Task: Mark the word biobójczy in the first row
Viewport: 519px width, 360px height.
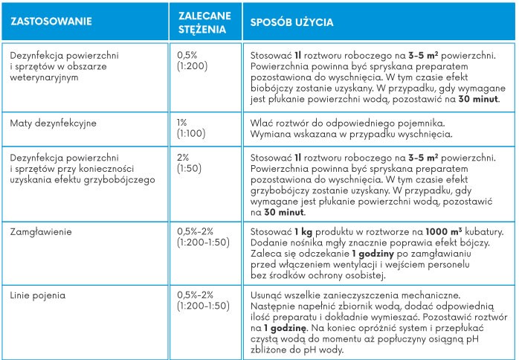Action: [x=274, y=86]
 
